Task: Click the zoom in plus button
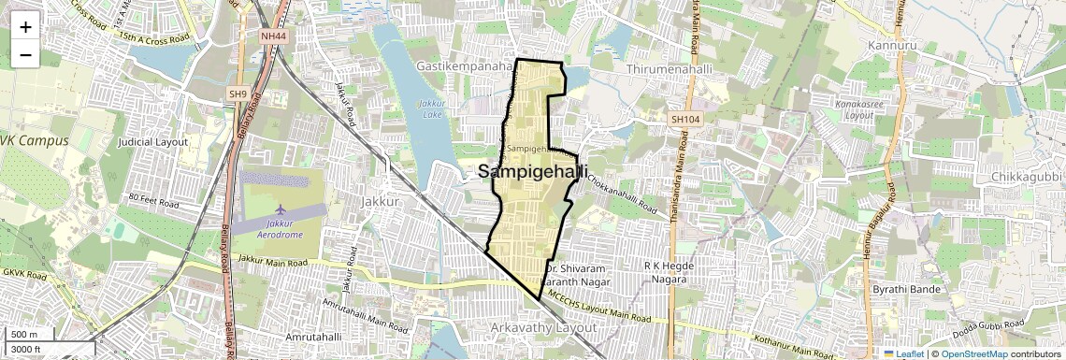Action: tap(25, 27)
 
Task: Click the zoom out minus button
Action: tap(25, 55)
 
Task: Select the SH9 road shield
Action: tap(238, 94)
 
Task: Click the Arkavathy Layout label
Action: tap(542, 328)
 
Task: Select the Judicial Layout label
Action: tap(153, 142)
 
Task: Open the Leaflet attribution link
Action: tap(903, 353)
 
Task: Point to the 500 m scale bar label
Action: tap(24, 335)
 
